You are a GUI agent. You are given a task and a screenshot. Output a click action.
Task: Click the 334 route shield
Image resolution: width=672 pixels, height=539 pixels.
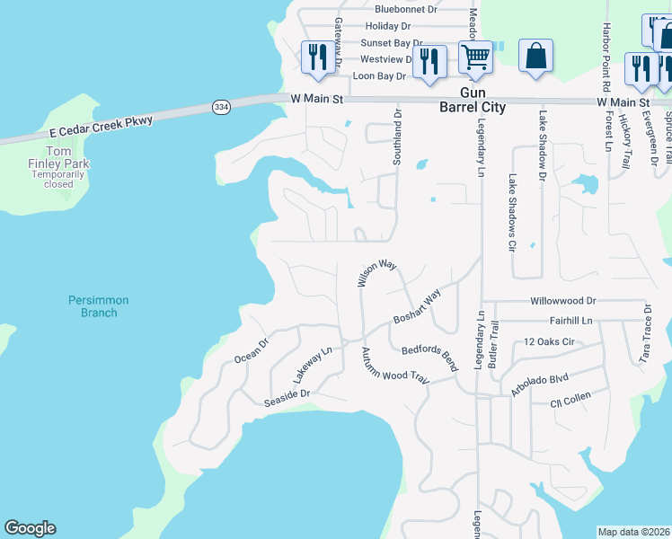[x=221, y=107]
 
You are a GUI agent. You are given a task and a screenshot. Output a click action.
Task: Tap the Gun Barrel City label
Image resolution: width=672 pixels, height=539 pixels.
[x=472, y=100]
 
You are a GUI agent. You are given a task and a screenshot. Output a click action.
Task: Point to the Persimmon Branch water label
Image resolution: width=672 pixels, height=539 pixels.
[x=99, y=305]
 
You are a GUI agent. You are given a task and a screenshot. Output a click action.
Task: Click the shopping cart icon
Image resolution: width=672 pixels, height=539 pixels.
[x=475, y=57]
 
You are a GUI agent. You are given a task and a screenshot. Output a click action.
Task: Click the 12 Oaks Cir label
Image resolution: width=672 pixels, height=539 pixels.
[x=548, y=342]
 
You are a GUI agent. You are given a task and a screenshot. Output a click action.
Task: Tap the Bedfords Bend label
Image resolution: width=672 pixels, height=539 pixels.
[x=429, y=358]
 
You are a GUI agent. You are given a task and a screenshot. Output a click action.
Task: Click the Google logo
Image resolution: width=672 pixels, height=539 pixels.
[x=30, y=528]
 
